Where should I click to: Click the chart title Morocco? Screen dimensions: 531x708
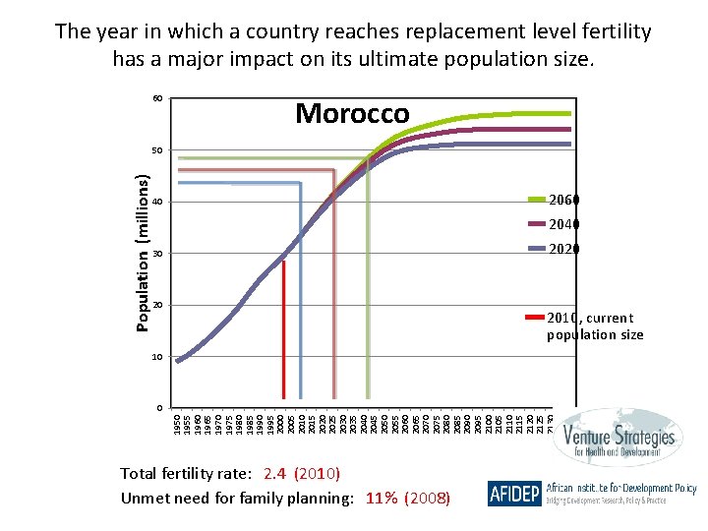352,113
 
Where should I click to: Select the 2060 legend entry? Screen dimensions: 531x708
563,200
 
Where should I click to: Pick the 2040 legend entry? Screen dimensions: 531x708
563,224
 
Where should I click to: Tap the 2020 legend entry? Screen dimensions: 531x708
563,249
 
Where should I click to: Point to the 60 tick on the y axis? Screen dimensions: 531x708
157,99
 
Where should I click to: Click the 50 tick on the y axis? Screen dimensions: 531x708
157,151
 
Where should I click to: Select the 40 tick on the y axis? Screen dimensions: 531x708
157,203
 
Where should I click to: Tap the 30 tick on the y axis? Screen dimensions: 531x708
157,254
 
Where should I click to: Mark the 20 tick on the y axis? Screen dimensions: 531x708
157,305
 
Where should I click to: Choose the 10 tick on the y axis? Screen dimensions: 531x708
157,357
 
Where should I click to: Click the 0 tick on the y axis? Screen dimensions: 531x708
159,408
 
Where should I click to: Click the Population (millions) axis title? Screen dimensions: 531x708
143,253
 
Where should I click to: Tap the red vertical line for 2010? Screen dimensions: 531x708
283,334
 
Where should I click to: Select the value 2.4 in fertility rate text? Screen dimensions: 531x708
274,474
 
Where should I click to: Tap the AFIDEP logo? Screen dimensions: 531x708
513,494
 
